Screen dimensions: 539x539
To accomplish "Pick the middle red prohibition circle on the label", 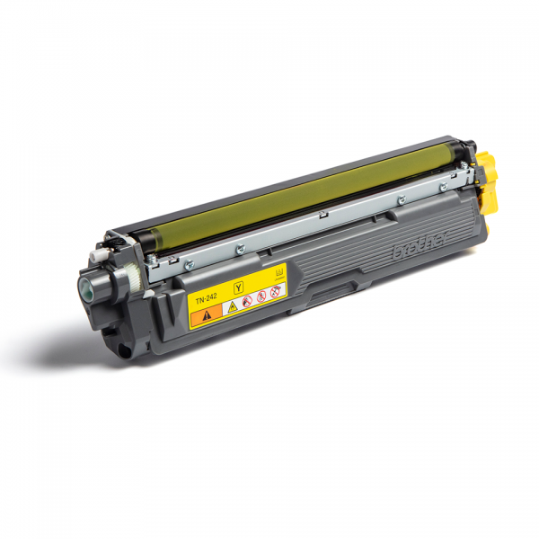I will click(261, 296).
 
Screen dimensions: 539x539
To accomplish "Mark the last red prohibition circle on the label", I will click(276, 292).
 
